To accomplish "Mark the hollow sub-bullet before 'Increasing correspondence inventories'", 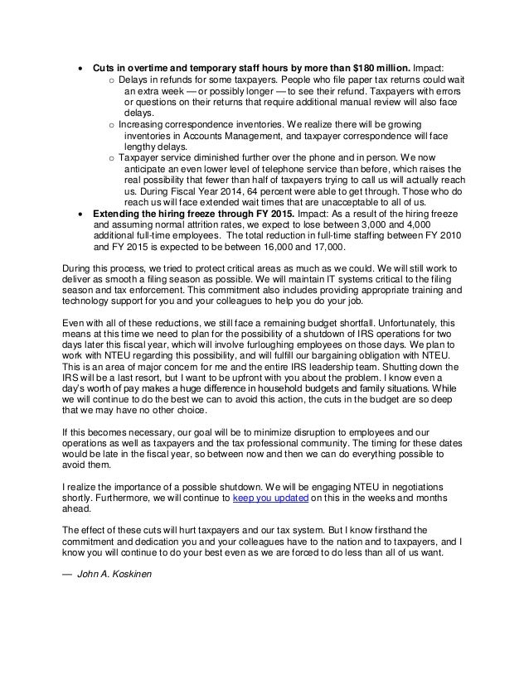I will (x=112, y=122).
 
